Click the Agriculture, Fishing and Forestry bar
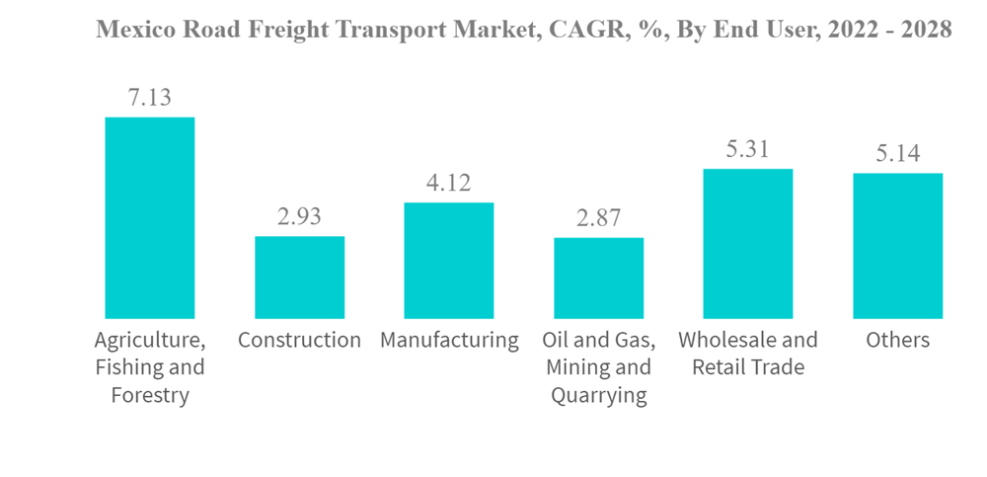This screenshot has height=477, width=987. pyautogui.click(x=149, y=217)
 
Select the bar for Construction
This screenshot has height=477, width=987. pyautogui.click(x=299, y=277)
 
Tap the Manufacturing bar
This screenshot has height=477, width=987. pyautogui.click(x=448, y=260)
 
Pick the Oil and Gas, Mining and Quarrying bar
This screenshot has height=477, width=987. pyautogui.click(x=598, y=278)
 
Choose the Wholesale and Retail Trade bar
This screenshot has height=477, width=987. pyautogui.click(x=747, y=243)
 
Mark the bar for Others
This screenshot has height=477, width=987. pyautogui.click(x=897, y=245)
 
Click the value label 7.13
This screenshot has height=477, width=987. pyautogui.click(x=149, y=98)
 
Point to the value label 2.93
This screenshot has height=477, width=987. pyautogui.click(x=299, y=216)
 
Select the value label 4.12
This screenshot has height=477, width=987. pyautogui.click(x=448, y=183)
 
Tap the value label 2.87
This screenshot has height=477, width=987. pyautogui.click(x=598, y=218)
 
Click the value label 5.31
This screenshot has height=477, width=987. pyautogui.click(x=747, y=149)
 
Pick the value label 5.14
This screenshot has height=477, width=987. pyautogui.click(x=897, y=154)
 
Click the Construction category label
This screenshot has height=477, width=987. pyautogui.click(x=299, y=341)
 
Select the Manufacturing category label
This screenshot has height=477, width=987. pyautogui.click(x=449, y=341)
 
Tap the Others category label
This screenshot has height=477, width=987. pyautogui.click(x=897, y=341)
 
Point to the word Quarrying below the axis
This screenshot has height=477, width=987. pyautogui.click(x=598, y=396)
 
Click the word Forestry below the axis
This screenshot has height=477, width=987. pyautogui.click(x=149, y=396)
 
